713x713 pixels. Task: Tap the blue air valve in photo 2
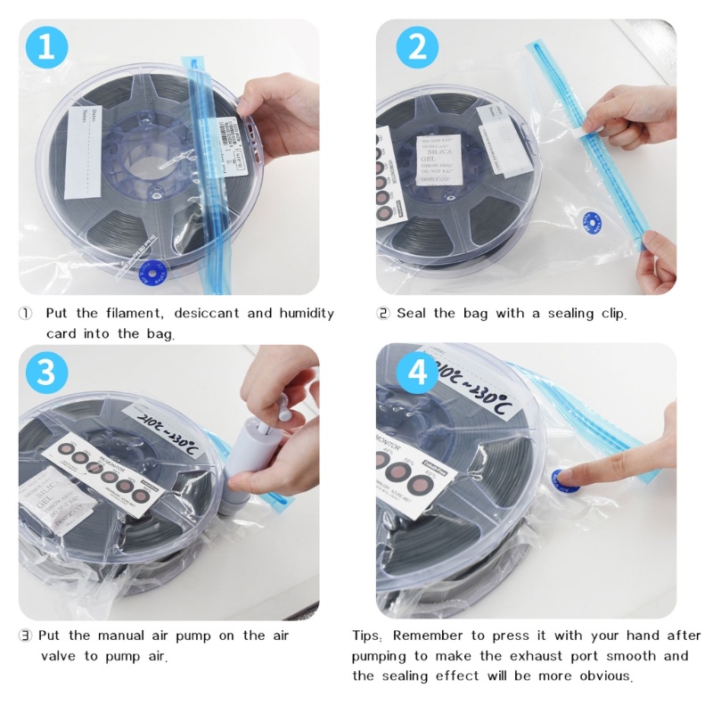click(x=588, y=220)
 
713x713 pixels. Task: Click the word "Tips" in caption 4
click(x=367, y=635)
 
